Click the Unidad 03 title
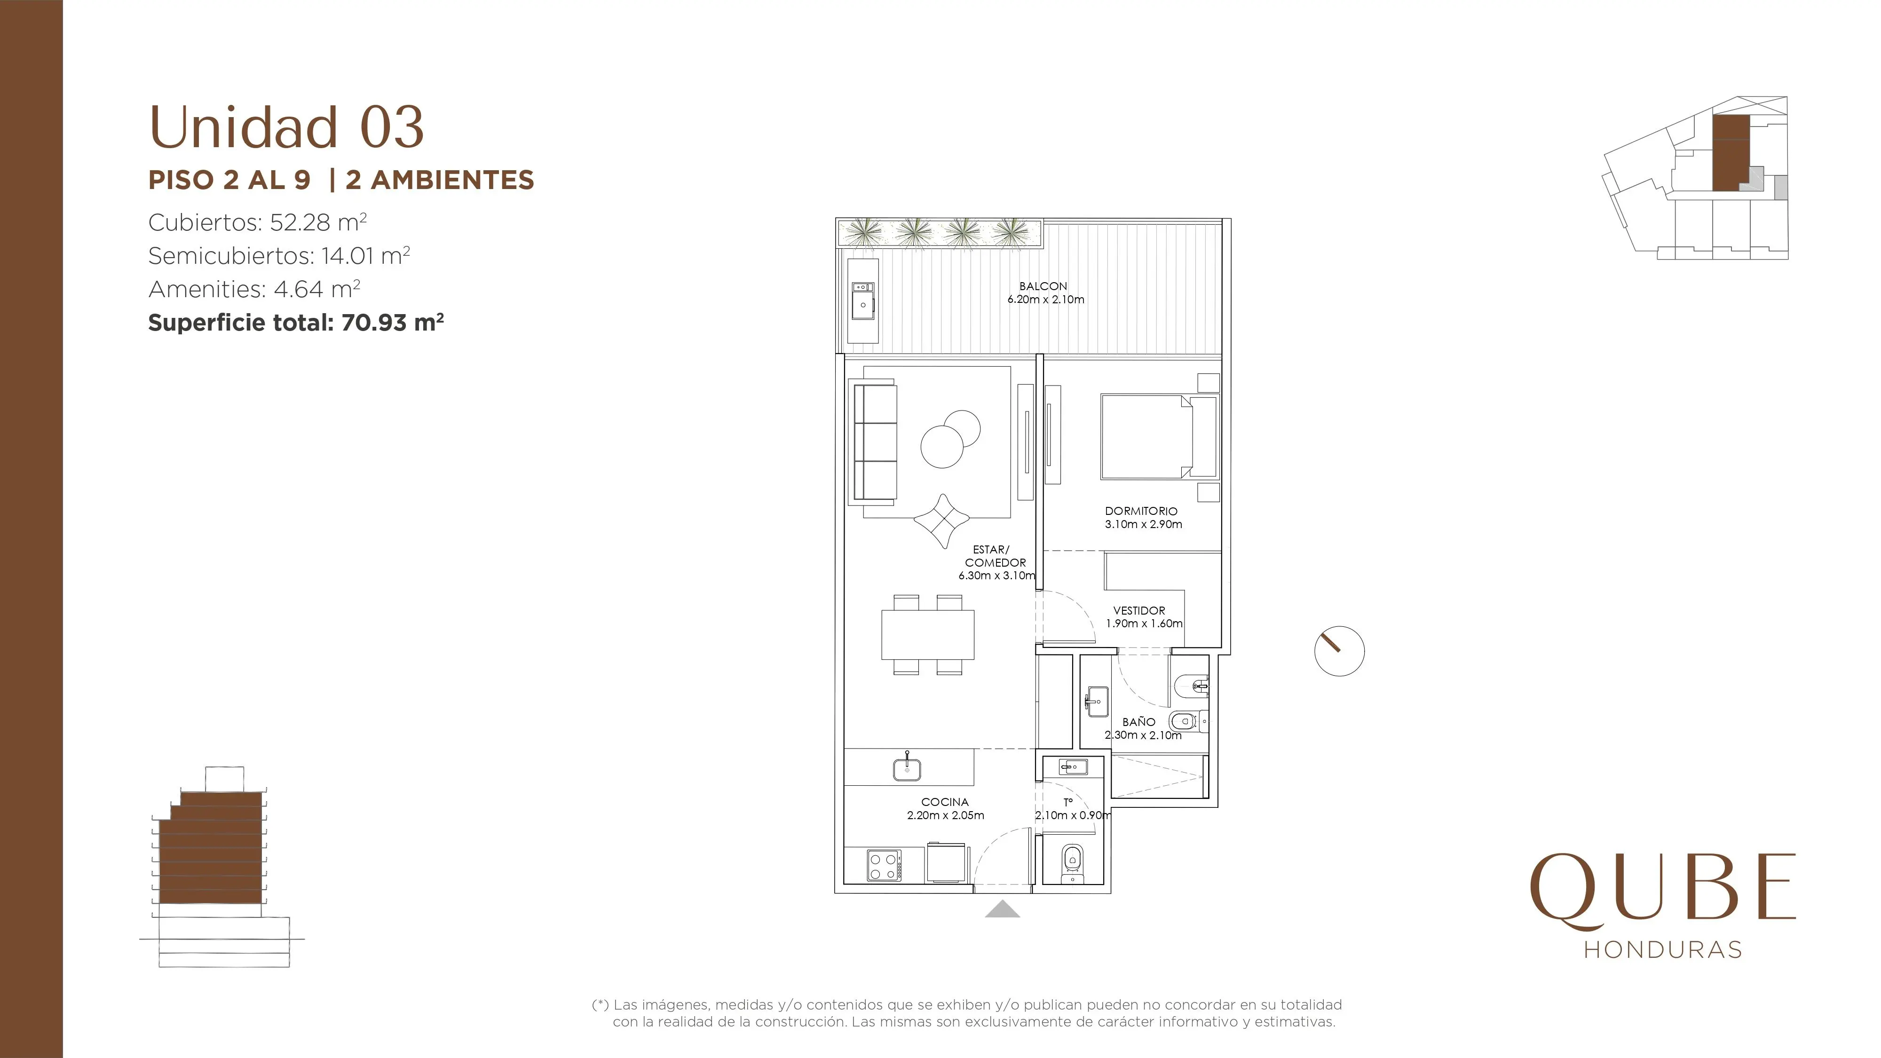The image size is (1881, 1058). [x=286, y=127]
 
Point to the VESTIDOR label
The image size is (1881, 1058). [x=1139, y=610]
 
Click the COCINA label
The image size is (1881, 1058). [x=945, y=802]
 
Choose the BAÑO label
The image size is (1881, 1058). [x=1139, y=721]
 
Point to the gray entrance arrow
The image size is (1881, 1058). [x=1003, y=908]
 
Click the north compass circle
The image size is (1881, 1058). [x=1339, y=651]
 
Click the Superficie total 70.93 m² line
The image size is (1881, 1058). [x=296, y=322]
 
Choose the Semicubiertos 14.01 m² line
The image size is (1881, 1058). [x=279, y=255]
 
